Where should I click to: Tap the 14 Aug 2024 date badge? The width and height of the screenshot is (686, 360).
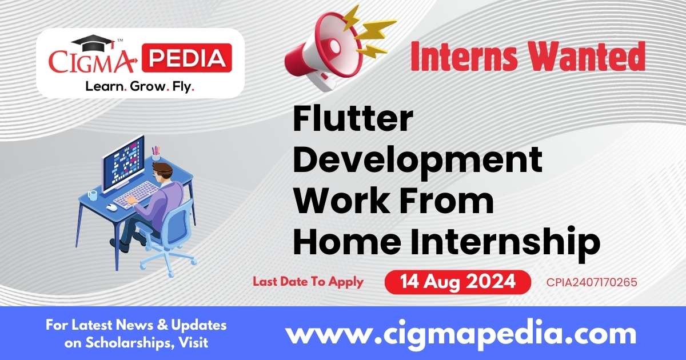pos(457,282)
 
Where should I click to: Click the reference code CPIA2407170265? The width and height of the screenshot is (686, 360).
pos(591,282)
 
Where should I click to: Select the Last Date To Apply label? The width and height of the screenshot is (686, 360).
pos(308,282)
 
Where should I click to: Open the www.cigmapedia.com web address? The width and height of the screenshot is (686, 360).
pos(461,333)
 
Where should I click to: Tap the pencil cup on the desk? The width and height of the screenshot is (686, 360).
pos(155,154)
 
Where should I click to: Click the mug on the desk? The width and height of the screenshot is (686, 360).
pos(93,195)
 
